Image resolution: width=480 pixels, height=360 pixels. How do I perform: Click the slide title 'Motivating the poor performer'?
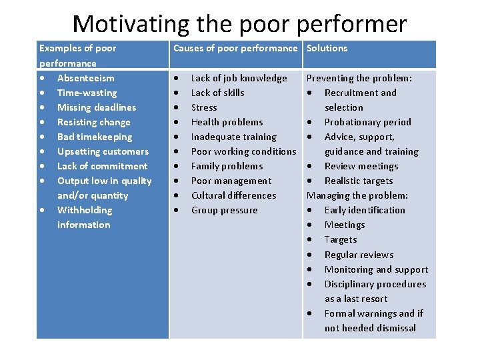point(239,23)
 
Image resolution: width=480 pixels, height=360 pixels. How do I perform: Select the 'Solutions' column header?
point(327,48)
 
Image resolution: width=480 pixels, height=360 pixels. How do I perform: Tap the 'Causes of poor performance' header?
point(235,48)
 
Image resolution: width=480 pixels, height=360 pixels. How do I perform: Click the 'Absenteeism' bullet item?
point(85,78)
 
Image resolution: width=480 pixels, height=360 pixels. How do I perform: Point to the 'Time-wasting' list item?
point(87,93)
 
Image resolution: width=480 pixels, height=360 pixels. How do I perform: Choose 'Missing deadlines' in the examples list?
point(96,107)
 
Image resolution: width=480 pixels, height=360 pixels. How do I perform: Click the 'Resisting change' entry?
point(93,122)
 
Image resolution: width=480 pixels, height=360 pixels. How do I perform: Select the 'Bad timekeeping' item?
point(95,137)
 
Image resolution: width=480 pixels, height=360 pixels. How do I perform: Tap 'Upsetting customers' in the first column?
point(103,151)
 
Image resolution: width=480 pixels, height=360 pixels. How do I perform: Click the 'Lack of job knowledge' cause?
point(239,78)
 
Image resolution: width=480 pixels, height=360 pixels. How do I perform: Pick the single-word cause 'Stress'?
point(204,107)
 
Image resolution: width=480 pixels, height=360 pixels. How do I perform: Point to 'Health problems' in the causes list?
point(227,122)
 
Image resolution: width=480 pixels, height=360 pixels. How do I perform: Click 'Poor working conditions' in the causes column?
point(243,151)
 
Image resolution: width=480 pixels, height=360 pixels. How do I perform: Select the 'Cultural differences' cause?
point(233,195)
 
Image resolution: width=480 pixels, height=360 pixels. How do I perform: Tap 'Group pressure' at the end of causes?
point(224,210)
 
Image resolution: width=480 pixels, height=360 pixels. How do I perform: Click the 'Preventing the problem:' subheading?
point(359,78)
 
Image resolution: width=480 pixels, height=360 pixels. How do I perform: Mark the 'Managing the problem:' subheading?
point(357,195)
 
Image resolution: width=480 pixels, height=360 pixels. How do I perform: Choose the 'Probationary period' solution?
point(367,122)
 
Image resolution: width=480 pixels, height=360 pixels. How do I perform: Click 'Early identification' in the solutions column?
point(365,210)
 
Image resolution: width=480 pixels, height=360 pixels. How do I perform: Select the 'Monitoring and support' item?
point(376,269)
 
